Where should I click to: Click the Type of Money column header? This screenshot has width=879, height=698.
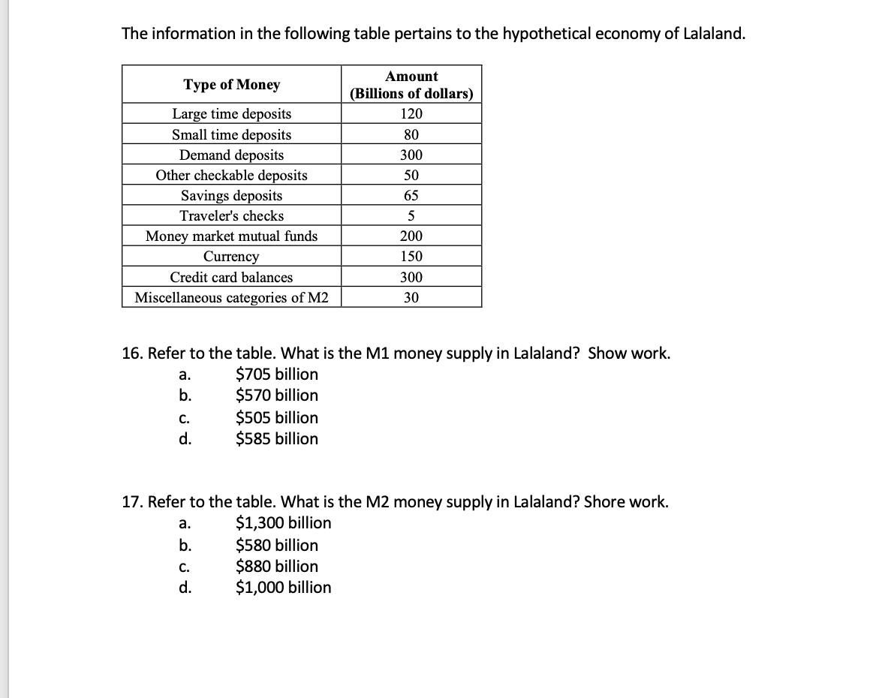coord(231,85)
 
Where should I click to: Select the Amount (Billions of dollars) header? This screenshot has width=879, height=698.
coord(411,85)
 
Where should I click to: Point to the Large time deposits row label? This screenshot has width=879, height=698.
coord(231,114)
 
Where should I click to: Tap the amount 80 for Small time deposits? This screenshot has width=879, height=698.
coord(411,135)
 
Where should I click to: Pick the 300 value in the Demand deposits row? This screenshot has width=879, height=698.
coord(411,155)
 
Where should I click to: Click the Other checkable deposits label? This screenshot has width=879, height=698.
coord(231,176)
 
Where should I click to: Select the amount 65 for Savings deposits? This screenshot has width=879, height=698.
coord(411,196)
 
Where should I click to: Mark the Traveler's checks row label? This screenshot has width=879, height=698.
coord(231,216)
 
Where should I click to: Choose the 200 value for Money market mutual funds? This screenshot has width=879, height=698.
coord(411,236)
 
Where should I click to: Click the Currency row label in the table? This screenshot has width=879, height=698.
coord(231,257)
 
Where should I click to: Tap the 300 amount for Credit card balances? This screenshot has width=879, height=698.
coord(411,277)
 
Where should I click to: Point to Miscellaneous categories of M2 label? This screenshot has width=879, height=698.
coord(231,298)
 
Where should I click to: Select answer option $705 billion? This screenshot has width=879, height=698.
coord(276,374)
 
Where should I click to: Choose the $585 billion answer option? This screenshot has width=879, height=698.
coord(276,438)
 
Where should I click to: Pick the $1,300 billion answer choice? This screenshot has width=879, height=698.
coord(283,522)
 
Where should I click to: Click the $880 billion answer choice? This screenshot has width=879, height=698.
coord(276,566)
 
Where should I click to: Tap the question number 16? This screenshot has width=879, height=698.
coord(132,354)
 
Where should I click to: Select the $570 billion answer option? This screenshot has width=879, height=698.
coord(276,395)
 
